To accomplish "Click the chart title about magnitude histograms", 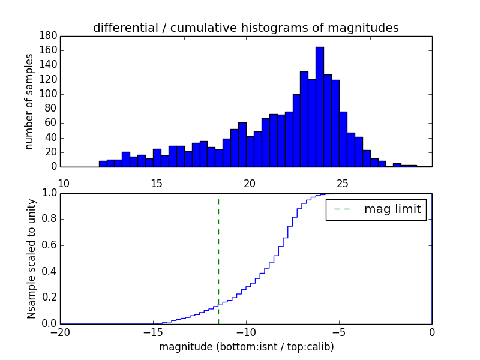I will click(x=246, y=28).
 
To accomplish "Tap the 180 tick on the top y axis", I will click(x=49, y=36).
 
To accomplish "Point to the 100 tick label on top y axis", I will click(x=49, y=94).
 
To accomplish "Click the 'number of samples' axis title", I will click(x=29, y=102).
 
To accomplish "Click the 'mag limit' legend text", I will click(x=392, y=209).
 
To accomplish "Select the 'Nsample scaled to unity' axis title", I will click(x=31, y=258).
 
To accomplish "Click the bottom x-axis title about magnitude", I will click(x=246, y=347).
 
